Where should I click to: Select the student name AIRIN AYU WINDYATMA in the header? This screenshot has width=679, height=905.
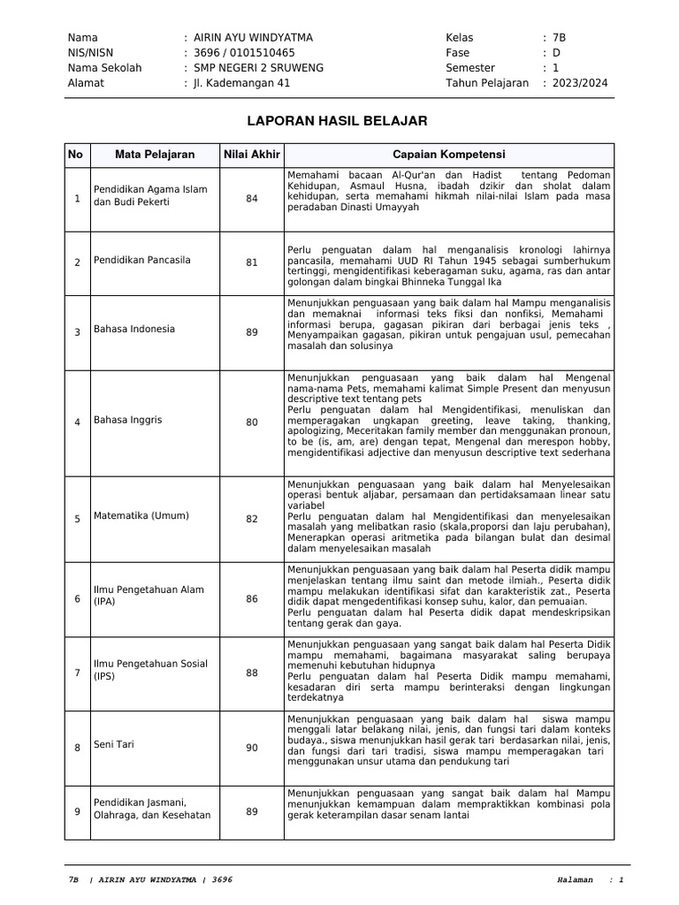tap(253, 37)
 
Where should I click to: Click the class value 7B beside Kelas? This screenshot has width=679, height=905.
tap(559, 37)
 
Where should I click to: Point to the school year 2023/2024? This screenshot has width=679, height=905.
tap(580, 83)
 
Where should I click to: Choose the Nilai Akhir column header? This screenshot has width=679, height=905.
tap(252, 155)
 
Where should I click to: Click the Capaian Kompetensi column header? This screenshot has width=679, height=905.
tap(449, 155)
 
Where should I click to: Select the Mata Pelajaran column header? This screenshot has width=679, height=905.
tap(155, 155)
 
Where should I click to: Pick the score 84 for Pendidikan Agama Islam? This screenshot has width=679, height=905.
tap(252, 199)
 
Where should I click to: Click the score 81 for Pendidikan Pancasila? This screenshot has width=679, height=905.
tap(252, 262)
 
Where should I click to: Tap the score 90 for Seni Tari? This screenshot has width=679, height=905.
tap(252, 748)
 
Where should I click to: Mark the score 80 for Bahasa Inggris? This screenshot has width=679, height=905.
tap(252, 422)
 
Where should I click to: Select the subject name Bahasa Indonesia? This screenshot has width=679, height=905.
tap(134, 330)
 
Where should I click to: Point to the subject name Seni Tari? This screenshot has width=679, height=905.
tap(114, 745)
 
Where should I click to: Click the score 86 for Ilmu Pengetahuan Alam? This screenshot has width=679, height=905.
tap(252, 599)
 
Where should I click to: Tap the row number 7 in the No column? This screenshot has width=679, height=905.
tap(77, 673)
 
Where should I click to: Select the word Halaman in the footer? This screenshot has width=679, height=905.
tap(576, 880)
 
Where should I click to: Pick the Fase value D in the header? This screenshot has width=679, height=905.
tap(556, 52)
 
